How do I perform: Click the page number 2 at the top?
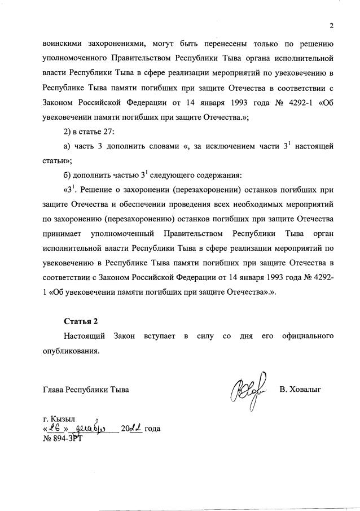coord(332,25)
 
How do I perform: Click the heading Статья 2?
coord(81,321)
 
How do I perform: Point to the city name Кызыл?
coord(63,419)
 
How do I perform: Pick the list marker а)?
coord(67,146)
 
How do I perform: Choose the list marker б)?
coord(67,174)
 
